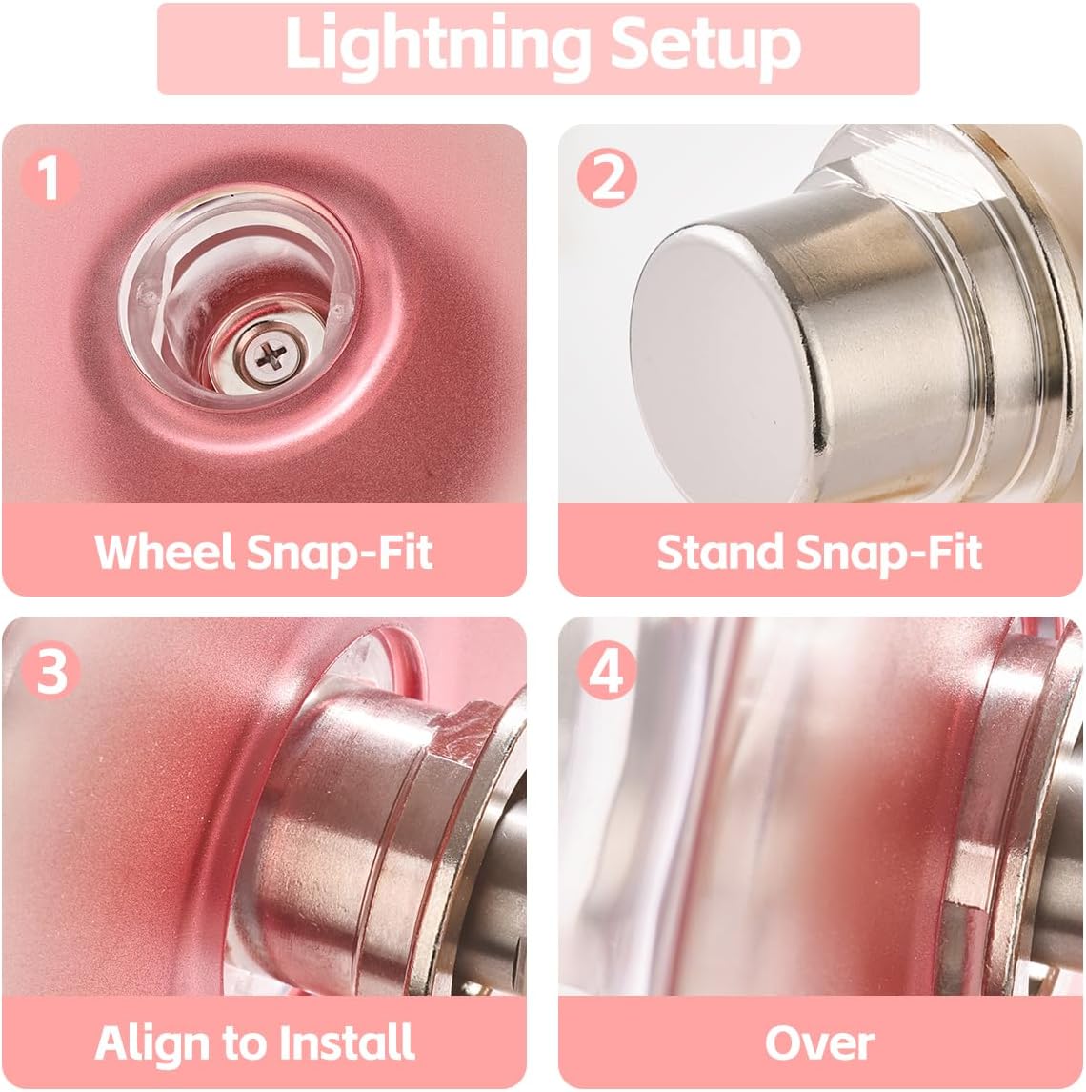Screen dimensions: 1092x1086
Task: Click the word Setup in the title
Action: click(x=705, y=44)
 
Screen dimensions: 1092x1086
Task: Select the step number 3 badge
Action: click(x=50, y=670)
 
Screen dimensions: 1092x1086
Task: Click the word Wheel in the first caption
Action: click(x=163, y=551)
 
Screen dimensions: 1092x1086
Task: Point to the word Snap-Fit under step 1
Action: click(x=340, y=553)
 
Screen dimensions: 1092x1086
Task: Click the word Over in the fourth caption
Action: click(x=819, y=1041)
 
